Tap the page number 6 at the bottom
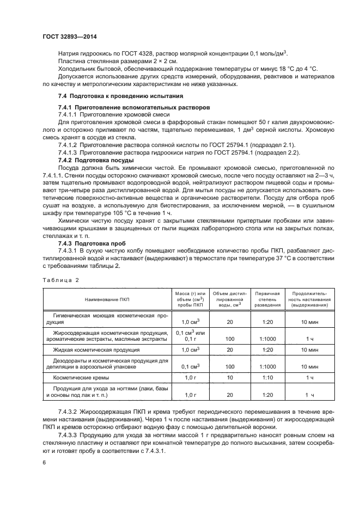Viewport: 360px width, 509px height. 44,462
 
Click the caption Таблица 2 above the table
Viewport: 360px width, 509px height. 60,280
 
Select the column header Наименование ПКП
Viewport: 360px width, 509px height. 107,299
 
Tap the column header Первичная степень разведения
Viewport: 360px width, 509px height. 267,299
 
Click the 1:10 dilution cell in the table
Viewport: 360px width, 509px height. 267,377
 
